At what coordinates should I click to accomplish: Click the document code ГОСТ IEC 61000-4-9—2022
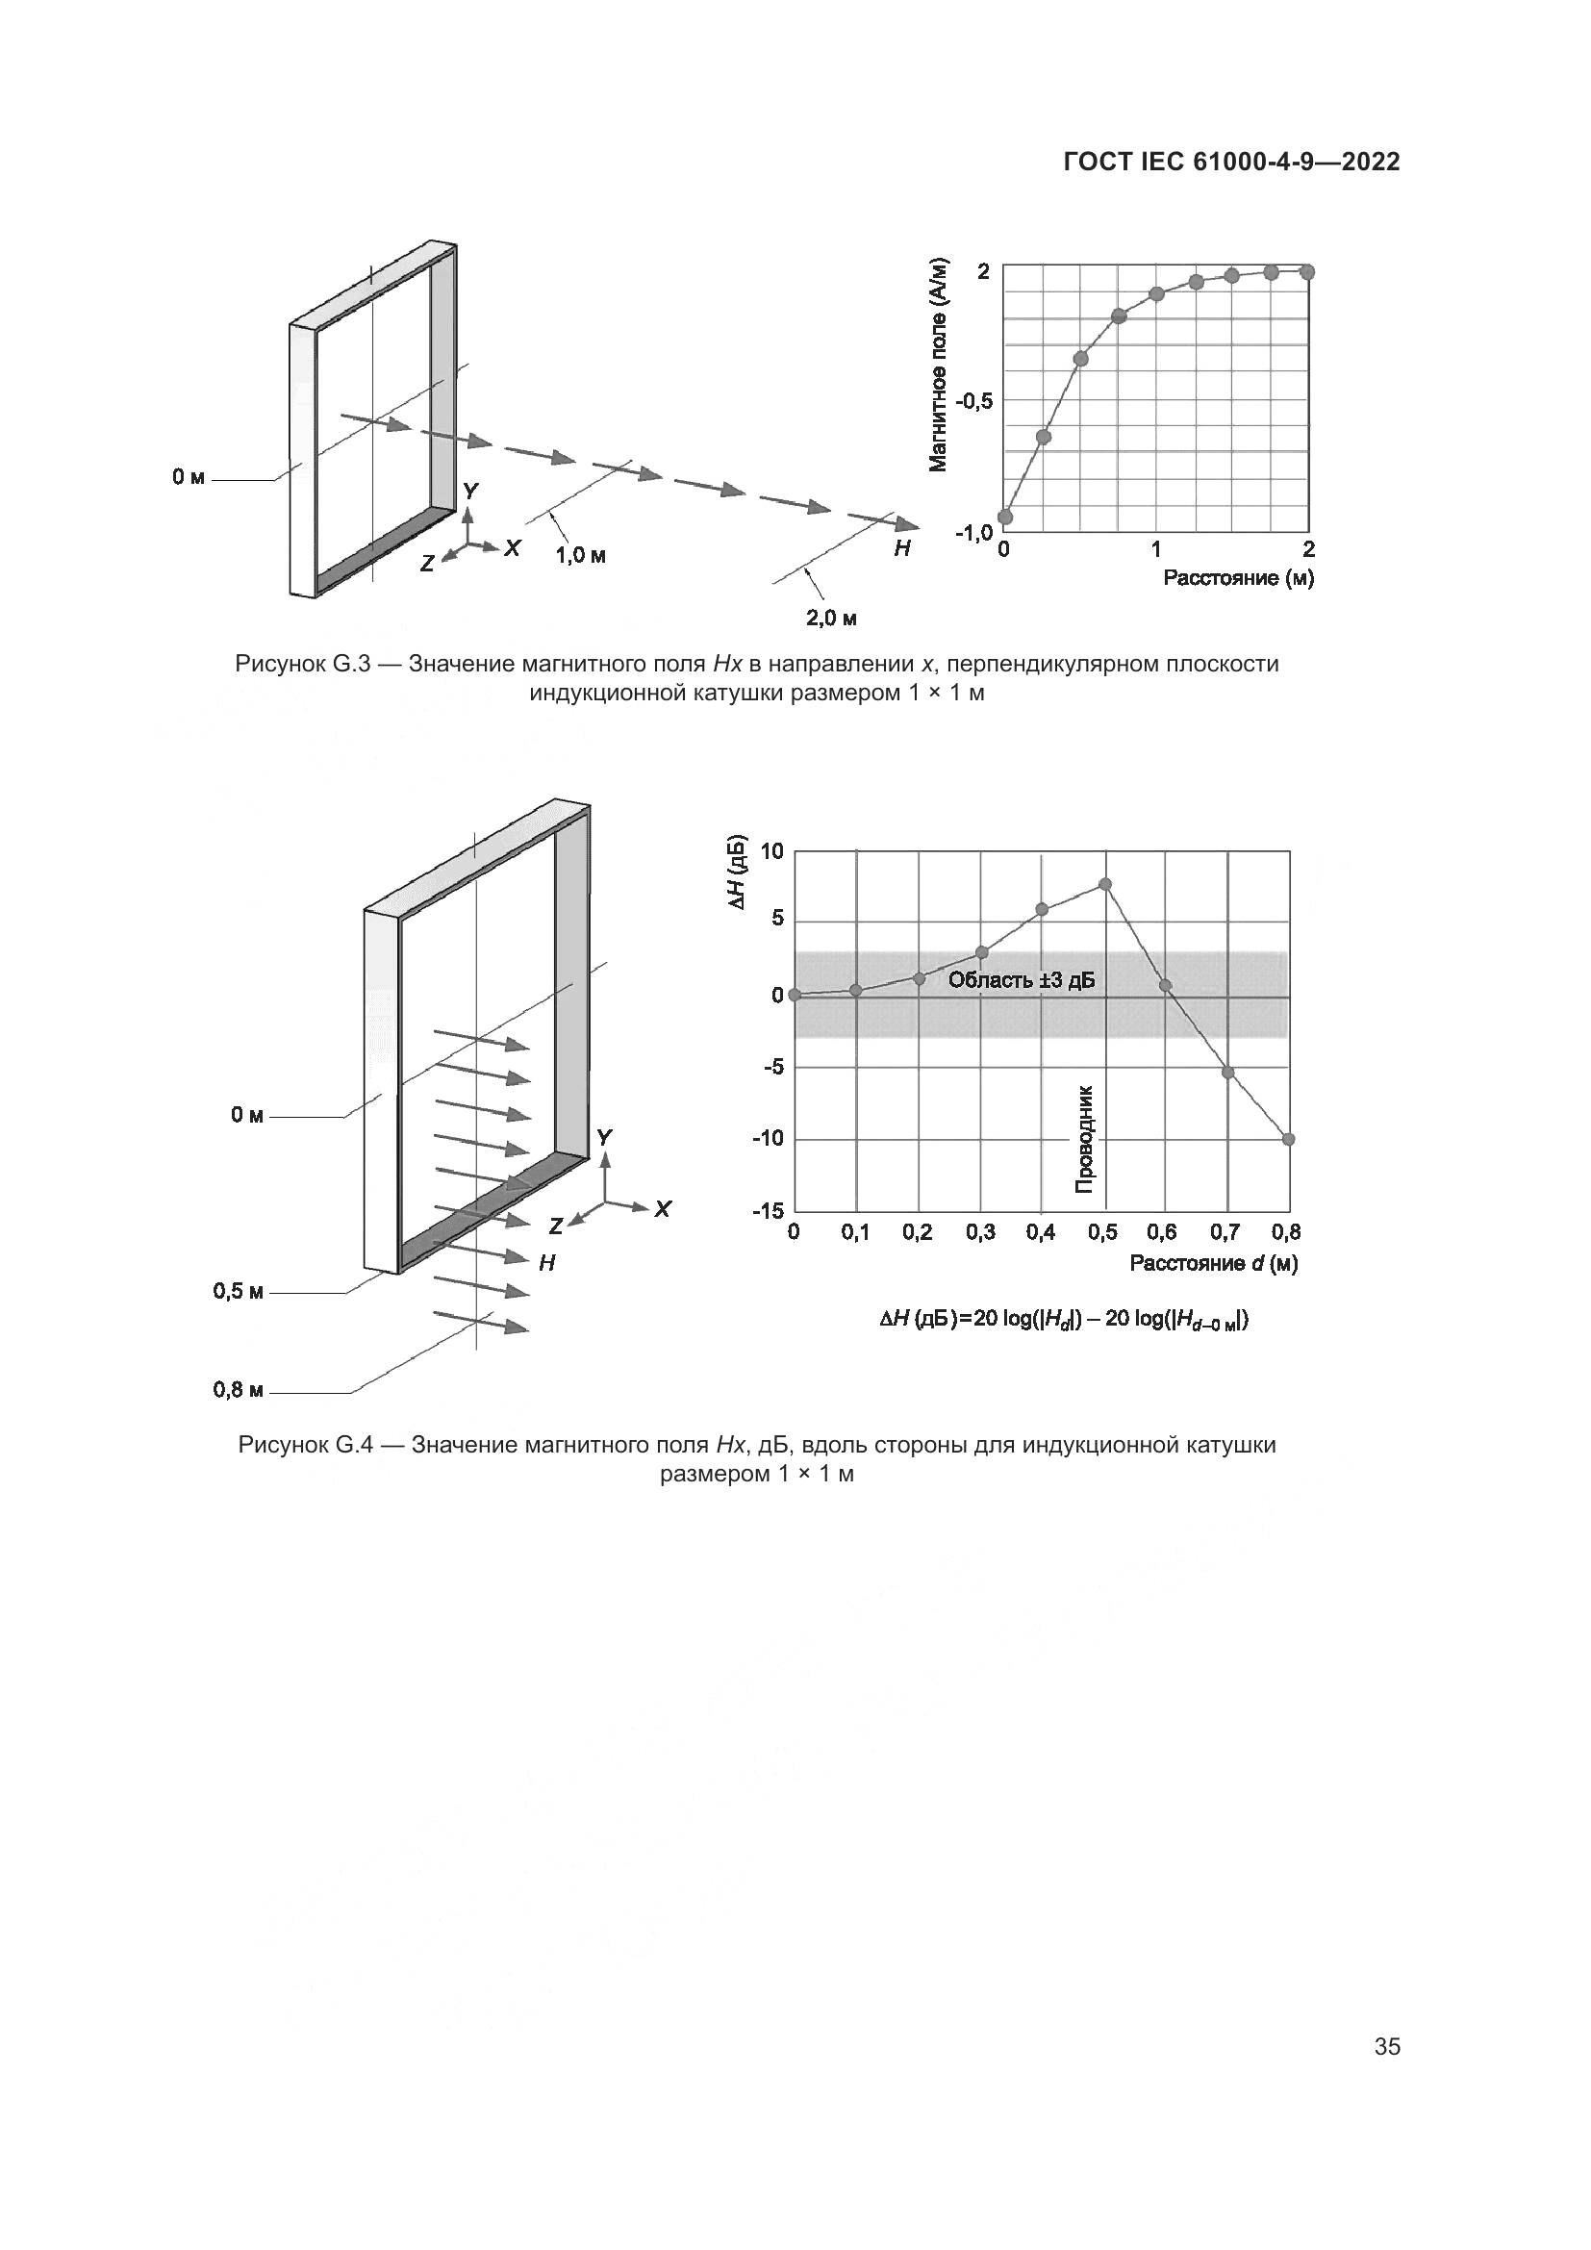click(x=1231, y=162)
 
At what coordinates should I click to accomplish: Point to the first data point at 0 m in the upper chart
click(x=1004, y=518)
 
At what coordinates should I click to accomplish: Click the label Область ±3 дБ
click(x=1021, y=980)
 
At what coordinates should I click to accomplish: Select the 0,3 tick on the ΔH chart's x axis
click(x=980, y=1233)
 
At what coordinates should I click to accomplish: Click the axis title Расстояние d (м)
click(x=1214, y=1263)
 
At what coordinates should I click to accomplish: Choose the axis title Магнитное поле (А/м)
click(x=939, y=365)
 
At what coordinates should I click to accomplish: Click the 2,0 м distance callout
click(x=832, y=619)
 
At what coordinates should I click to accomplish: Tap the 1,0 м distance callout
click(x=581, y=556)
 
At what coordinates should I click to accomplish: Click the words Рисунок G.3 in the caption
click(x=302, y=664)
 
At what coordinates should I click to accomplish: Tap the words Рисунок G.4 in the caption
click(x=305, y=1445)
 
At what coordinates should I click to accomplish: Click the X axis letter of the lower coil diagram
click(x=664, y=1209)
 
